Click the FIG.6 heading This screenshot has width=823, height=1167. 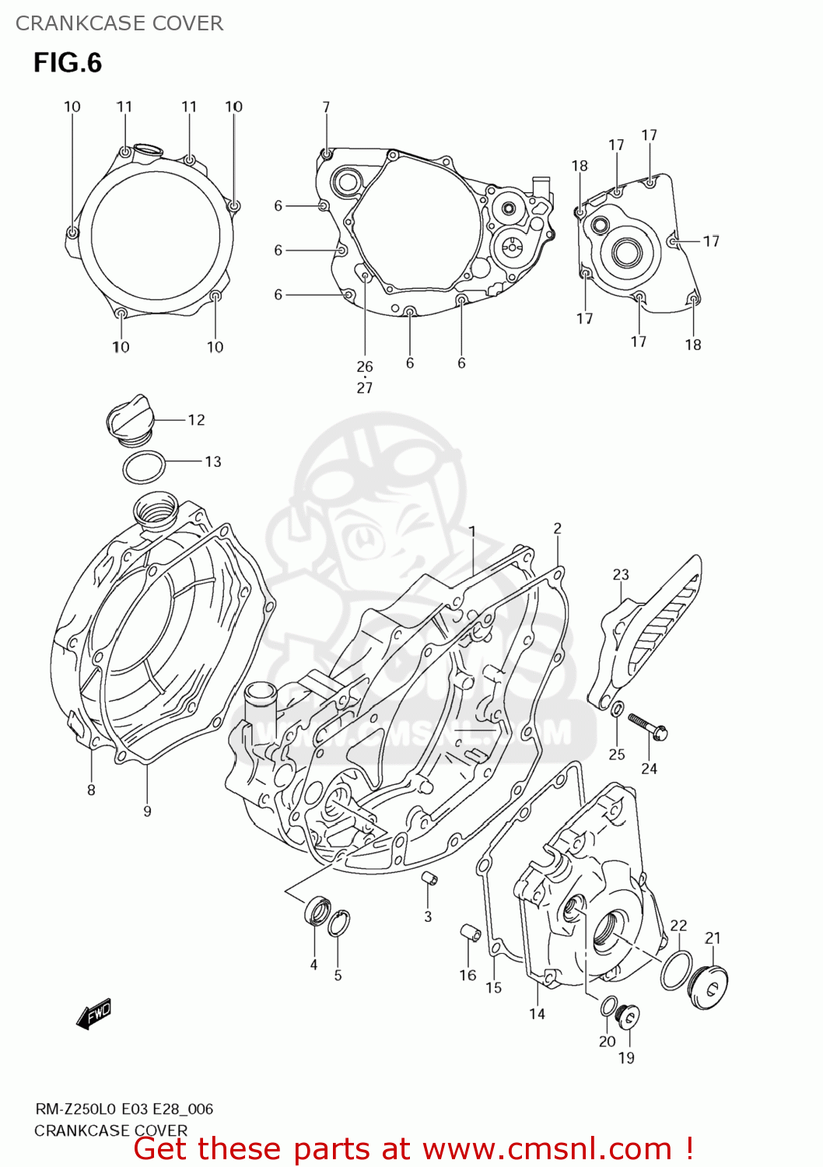pyautogui.click(x=68, y=63)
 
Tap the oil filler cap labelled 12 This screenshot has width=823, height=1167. pyautogui.click(x=128, y=422)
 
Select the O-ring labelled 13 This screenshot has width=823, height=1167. pyautogui.click(x=144, y=468)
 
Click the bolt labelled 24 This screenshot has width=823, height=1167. pyautogui.click(x=647, y=725)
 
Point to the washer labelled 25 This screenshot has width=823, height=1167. pyautogui.click(x=616, y=709)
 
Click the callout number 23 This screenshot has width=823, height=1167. pyautogui.click(x=620, y=575)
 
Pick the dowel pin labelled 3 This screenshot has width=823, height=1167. pyautogui.click(x=429, y=879)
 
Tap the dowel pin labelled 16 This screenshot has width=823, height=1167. pyautogui.click(x=468, y=932)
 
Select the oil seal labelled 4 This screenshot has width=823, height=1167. pyautogui.click(x=317, y=911)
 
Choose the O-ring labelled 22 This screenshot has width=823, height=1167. pyautogui.click(x=676, y=970)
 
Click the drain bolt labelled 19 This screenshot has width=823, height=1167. pyautogui.click(x=627, y=1017)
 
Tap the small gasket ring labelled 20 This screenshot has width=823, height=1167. pyautogui.click(x=609, y=1005)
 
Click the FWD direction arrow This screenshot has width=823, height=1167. pyautogui.click(x=94, y=1014)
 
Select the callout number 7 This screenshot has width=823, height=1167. pyautogui.click(x=326, y=107)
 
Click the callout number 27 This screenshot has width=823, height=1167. pyautogui.click(x=365, y=387)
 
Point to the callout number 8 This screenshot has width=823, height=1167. pyautogui.click(x=91, y=790)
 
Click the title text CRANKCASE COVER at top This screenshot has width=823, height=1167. pyautogui.click(x=119, y=23)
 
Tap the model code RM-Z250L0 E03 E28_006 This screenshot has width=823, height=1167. pyautogui.click(x=124, y=1109)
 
